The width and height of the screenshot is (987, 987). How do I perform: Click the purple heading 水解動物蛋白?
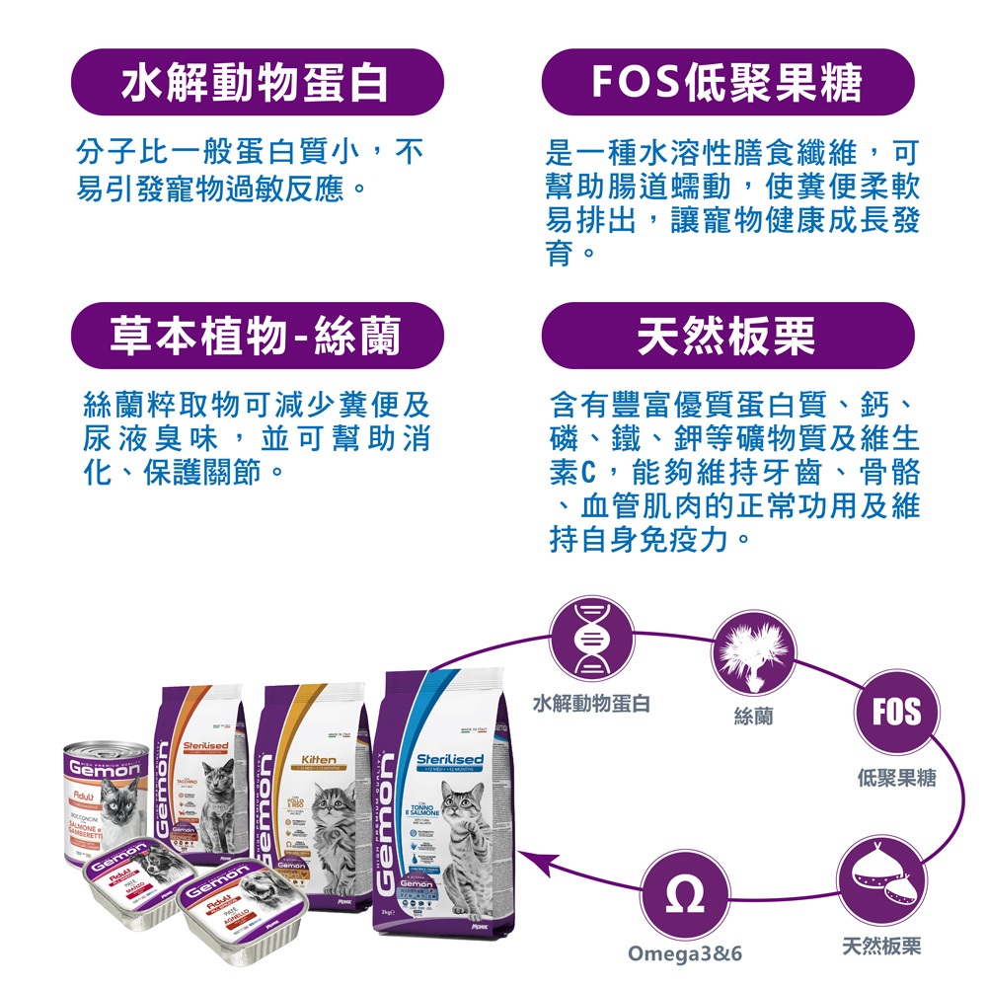pos(256,83)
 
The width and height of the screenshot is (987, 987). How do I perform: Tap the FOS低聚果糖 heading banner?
pos(728,83)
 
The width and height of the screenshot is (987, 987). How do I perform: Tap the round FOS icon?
pos(896,712)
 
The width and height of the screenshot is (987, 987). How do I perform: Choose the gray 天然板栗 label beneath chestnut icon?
pos(881,947)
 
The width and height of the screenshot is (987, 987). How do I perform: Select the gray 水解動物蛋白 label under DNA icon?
pos(590,704)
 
